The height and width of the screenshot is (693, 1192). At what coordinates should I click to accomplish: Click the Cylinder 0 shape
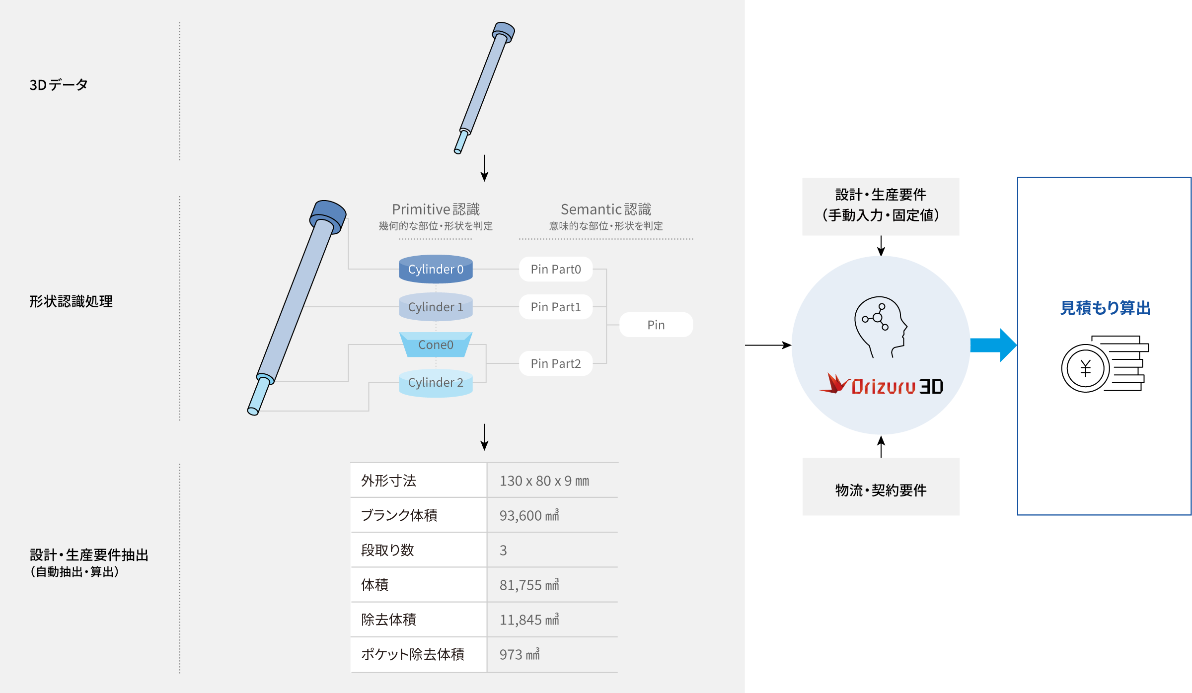(x=436, y=269)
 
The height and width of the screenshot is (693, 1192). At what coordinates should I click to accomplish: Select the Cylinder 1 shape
(x=436, y=307)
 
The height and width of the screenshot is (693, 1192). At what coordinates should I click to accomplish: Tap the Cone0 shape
(x=436, y=345)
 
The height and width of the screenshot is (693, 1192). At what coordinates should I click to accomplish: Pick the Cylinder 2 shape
(x=436, y=383)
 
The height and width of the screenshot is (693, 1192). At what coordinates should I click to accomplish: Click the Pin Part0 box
(x=556, y=269)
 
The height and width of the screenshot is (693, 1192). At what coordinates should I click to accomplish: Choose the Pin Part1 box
(x=556, y=307)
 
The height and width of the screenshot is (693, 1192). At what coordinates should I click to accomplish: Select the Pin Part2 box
(x=556, y=363)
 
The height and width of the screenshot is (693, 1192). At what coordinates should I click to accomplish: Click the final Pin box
(x=656, y=325)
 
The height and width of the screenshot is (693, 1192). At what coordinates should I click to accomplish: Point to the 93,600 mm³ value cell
(x=529, y=515)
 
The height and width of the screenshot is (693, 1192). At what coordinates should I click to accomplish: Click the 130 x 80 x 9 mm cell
(x=544, y=481)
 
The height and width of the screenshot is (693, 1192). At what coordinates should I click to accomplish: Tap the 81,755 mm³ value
(x=529, y=585)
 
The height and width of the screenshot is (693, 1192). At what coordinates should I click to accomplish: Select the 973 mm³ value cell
(x=520, y=654)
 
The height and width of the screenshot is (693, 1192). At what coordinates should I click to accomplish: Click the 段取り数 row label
(x=387, y=550)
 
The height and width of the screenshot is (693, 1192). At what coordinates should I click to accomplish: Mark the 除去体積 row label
(x=388, y=620)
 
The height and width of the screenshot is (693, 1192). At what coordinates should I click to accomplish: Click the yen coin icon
(x=1086, y=368)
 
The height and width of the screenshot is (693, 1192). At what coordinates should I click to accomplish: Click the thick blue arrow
(x=993, y=345)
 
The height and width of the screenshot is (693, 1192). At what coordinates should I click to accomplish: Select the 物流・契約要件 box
(x=881, y=486)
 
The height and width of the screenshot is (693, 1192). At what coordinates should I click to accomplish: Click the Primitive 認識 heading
(x=436, y=209)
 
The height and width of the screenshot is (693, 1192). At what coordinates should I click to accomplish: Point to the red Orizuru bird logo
(x=835, y=383)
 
